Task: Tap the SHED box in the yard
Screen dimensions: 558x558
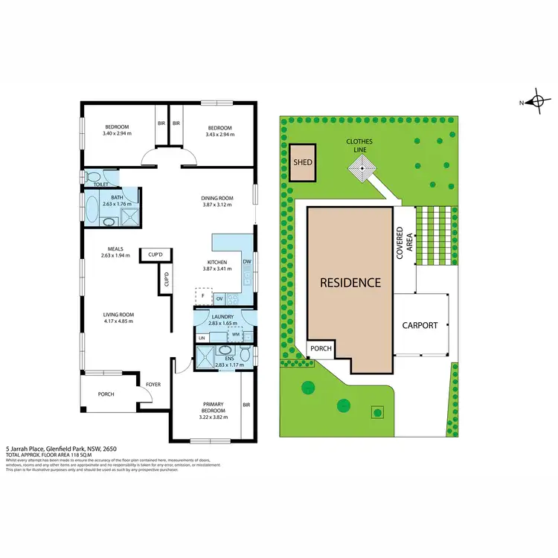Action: click(x=302, y=162)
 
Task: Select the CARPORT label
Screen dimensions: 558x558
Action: click(x=420, y=325)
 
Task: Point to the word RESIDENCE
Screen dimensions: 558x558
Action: click(x=350, y=283)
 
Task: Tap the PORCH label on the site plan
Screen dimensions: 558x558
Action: click(x=321, y=348)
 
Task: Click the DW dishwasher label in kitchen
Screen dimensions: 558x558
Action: click(x=246, y=262)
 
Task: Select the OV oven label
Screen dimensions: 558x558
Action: click(x=219, y=299)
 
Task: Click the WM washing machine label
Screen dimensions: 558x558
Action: click(x=236, y=335)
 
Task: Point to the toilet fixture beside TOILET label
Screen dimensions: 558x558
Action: click(x=92, y=177)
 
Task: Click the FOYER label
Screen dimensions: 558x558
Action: click(x=153, y=385)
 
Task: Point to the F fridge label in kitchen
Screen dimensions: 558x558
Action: click(x=200, y=295)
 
